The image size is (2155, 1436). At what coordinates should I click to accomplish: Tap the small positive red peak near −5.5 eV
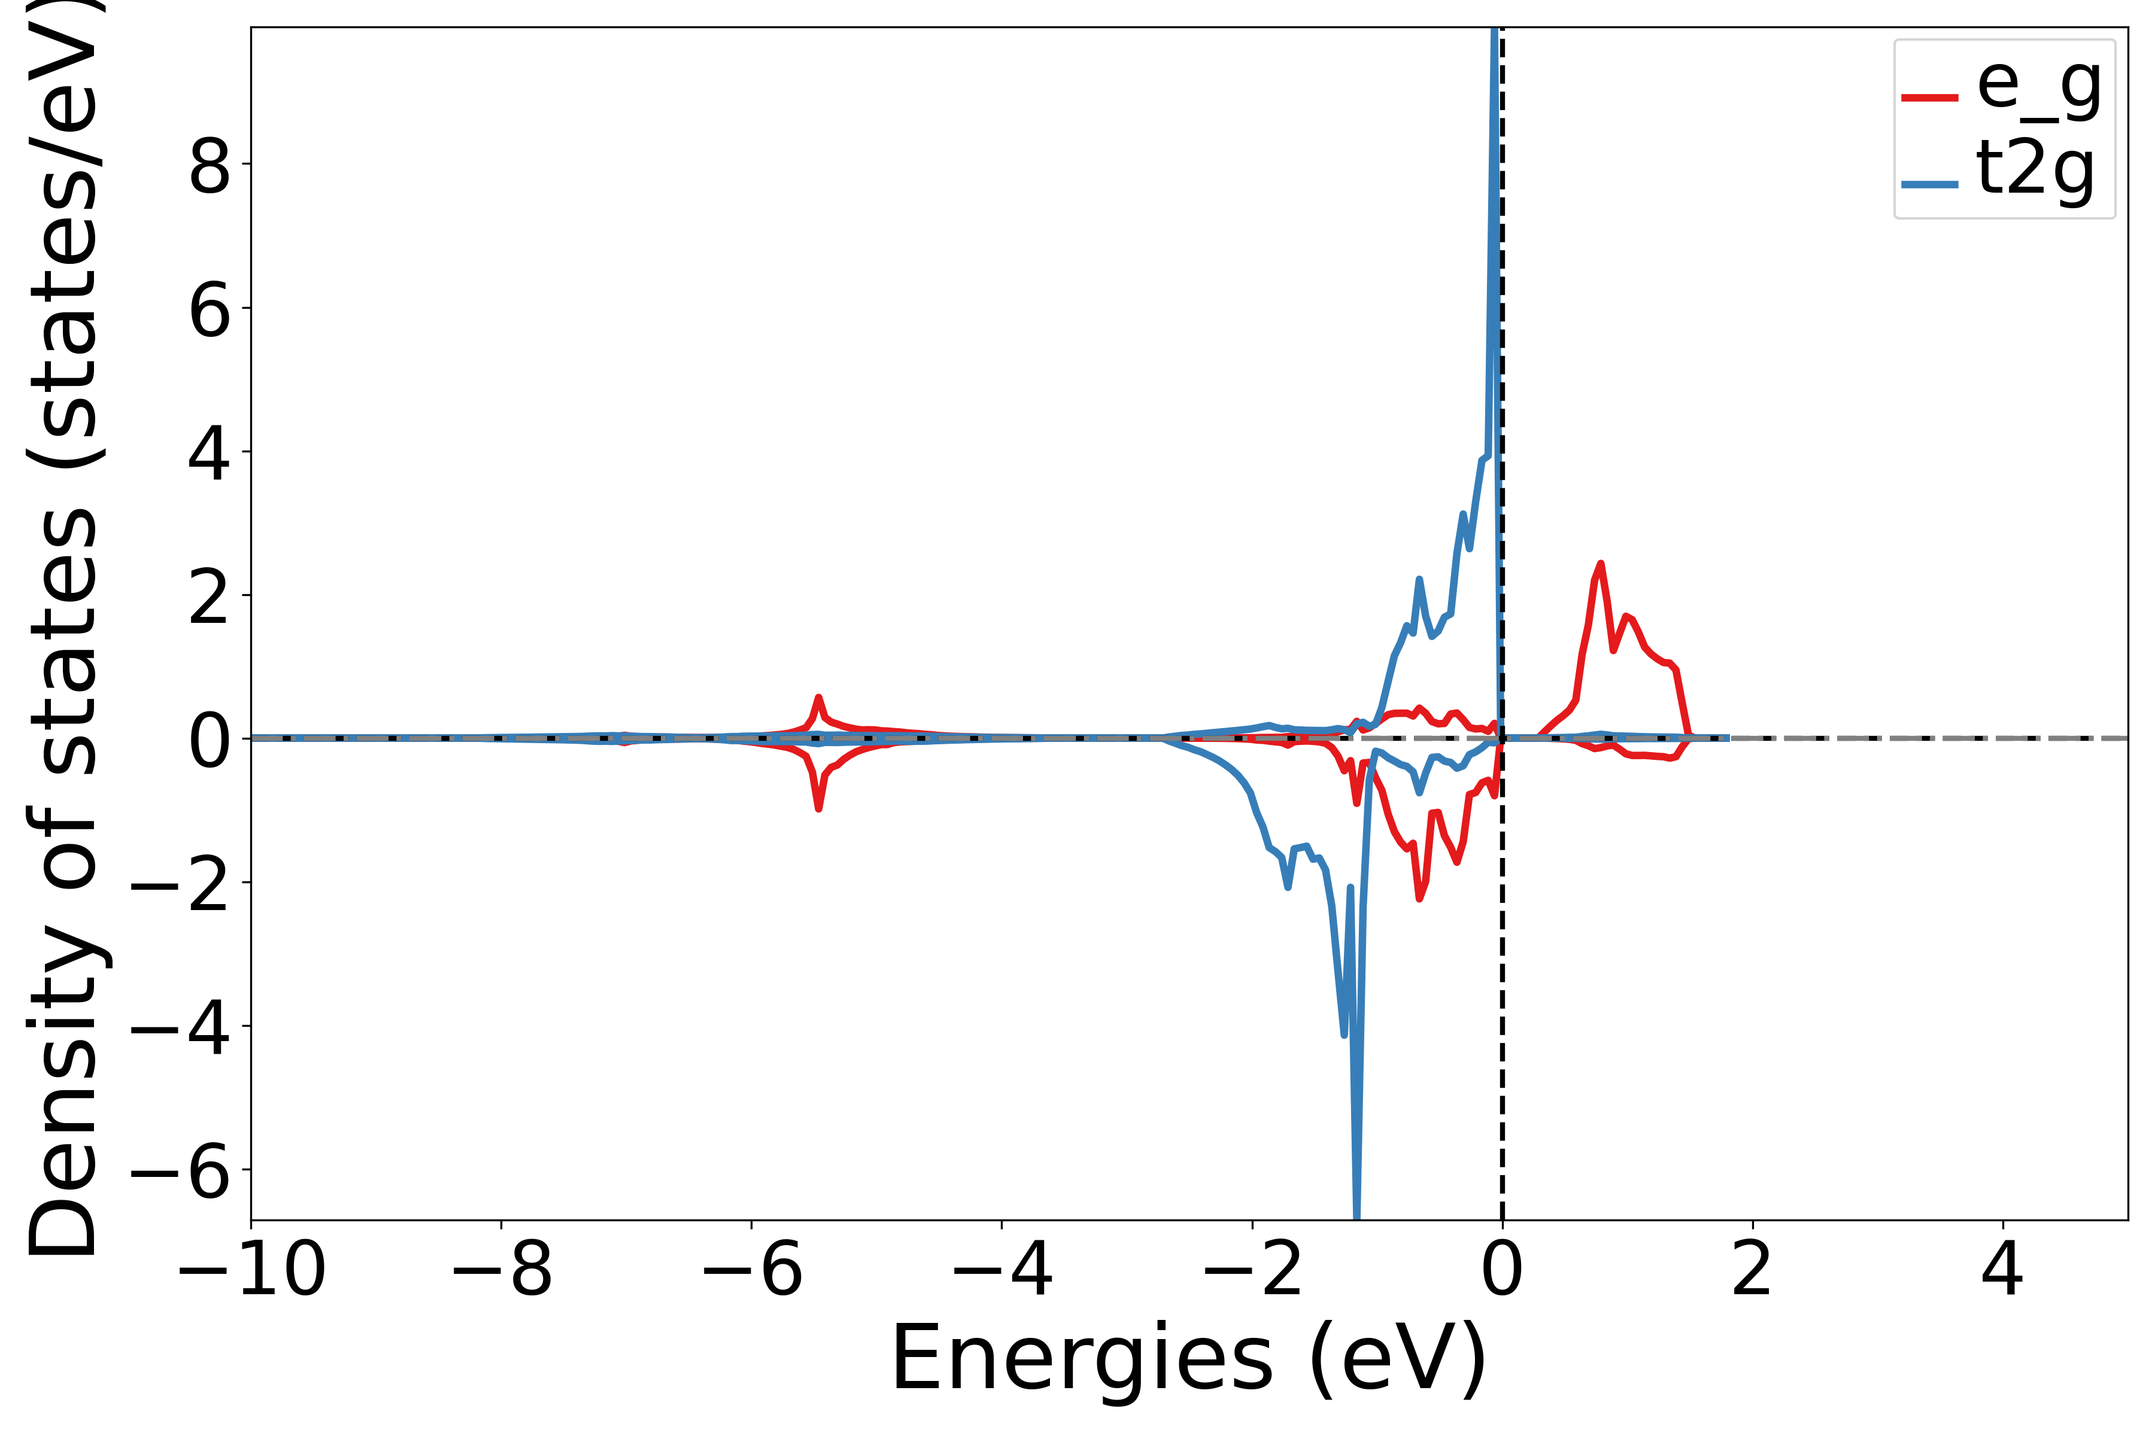pos(818,698)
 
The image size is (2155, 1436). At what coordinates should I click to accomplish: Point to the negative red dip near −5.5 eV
pos(818,808)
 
